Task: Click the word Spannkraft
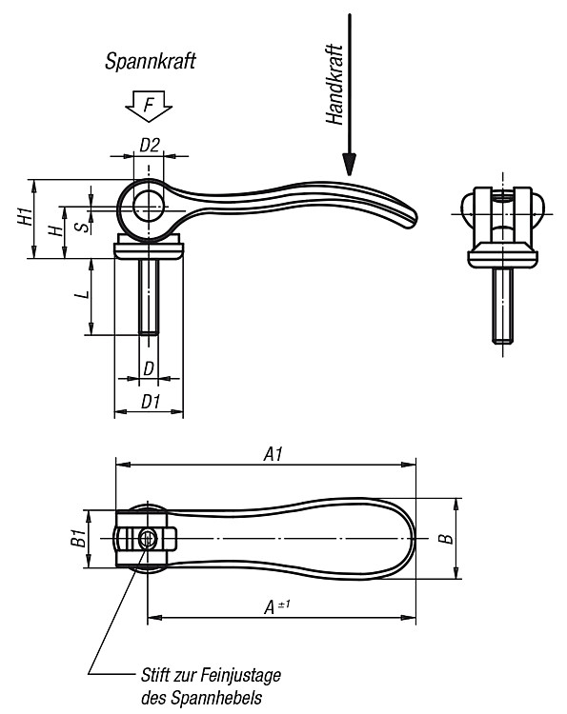coord(150,61)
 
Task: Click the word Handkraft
coord(334,84)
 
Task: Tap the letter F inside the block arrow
coord(149,105)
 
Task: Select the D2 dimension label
coord(150,146)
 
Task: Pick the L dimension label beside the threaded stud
coord(83,294)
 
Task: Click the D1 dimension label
coord(151,402)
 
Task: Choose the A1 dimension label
coord(273,453)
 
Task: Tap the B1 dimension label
coord(78,538)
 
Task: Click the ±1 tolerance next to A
coord(284,605)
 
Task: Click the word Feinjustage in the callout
coord(241,675)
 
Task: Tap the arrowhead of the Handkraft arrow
coord(349,165)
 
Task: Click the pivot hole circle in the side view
coord(148,207)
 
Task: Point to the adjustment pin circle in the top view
coord(147,540)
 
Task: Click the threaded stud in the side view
coord(149,296)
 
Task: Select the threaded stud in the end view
coord(503,305)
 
